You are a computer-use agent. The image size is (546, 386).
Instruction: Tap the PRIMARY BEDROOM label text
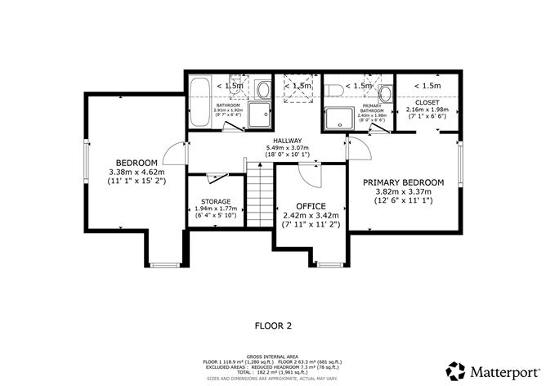coord(404,182)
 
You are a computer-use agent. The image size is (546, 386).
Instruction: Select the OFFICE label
coord(311,206)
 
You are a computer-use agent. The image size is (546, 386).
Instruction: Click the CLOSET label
coord(427,101)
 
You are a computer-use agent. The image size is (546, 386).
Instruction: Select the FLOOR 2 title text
coord(273,325)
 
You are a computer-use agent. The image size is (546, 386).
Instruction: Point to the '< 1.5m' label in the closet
coord(427,85)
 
